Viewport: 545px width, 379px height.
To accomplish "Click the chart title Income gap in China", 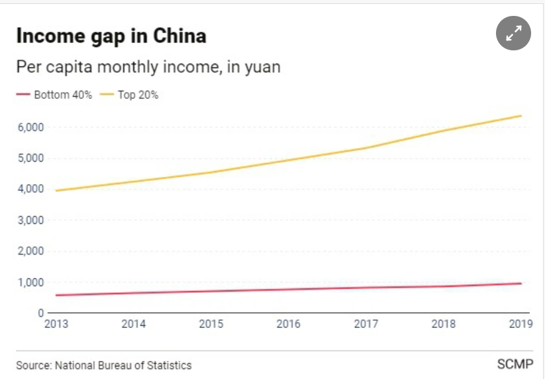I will tap(111, 36).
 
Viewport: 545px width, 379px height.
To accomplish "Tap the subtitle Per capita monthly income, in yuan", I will tap(148, 67).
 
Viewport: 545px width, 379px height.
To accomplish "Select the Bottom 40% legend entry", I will tap(57, 95).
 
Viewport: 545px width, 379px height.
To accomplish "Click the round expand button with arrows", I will tap(514, 33).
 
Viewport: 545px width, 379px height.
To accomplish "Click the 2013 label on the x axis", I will tap(56, 324).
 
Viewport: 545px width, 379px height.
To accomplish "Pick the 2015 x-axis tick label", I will tap(211, 324).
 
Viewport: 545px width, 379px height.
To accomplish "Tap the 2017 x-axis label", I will tap(366, 324).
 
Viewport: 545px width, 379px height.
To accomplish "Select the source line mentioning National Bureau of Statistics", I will tap(104, 365).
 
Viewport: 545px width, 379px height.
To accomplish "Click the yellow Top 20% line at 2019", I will tap(520, 116).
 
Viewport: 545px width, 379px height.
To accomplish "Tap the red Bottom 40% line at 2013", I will tap(56, 295).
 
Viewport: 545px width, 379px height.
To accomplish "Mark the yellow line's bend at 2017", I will tap(366, 148).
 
